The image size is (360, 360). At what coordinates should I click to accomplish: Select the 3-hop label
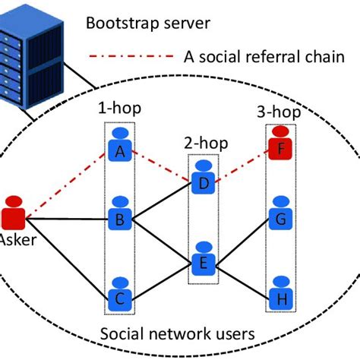[279, 112]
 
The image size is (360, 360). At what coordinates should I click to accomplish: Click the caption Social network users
[179, 334]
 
